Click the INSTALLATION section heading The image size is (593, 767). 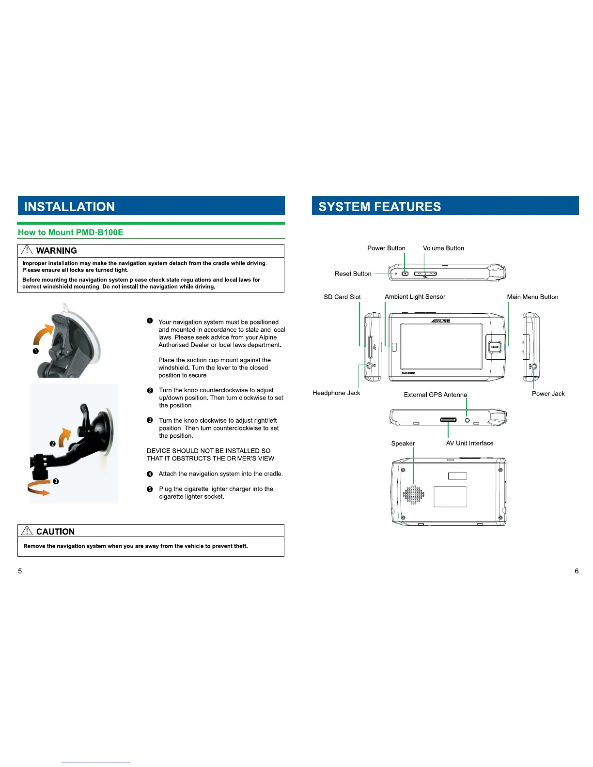point(70,207)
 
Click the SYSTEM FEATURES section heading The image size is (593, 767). point(379,207)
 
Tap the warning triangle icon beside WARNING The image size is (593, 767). point(27,250)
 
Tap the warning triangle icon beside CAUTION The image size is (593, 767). point(27,531)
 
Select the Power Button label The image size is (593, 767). point(386,248)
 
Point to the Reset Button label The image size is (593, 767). point(353,274)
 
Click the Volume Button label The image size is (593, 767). point(443,248)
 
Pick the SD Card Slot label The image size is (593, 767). point(342,297)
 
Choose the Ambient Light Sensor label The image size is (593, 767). point(415,297)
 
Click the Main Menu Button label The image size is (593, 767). point(532,297)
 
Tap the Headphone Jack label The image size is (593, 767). point(336,393)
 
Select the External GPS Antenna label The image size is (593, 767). point(435,395)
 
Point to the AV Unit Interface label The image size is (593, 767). point(469,444)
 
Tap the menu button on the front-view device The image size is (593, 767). point(494,347)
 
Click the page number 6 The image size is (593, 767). point(577,571)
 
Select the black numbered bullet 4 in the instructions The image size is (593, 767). point(150,474)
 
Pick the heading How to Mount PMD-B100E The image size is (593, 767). point(71,232)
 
